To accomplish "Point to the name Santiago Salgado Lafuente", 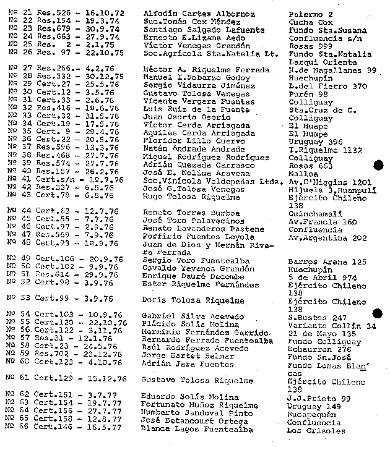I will [194, 30].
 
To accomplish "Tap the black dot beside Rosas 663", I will [378, 164].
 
